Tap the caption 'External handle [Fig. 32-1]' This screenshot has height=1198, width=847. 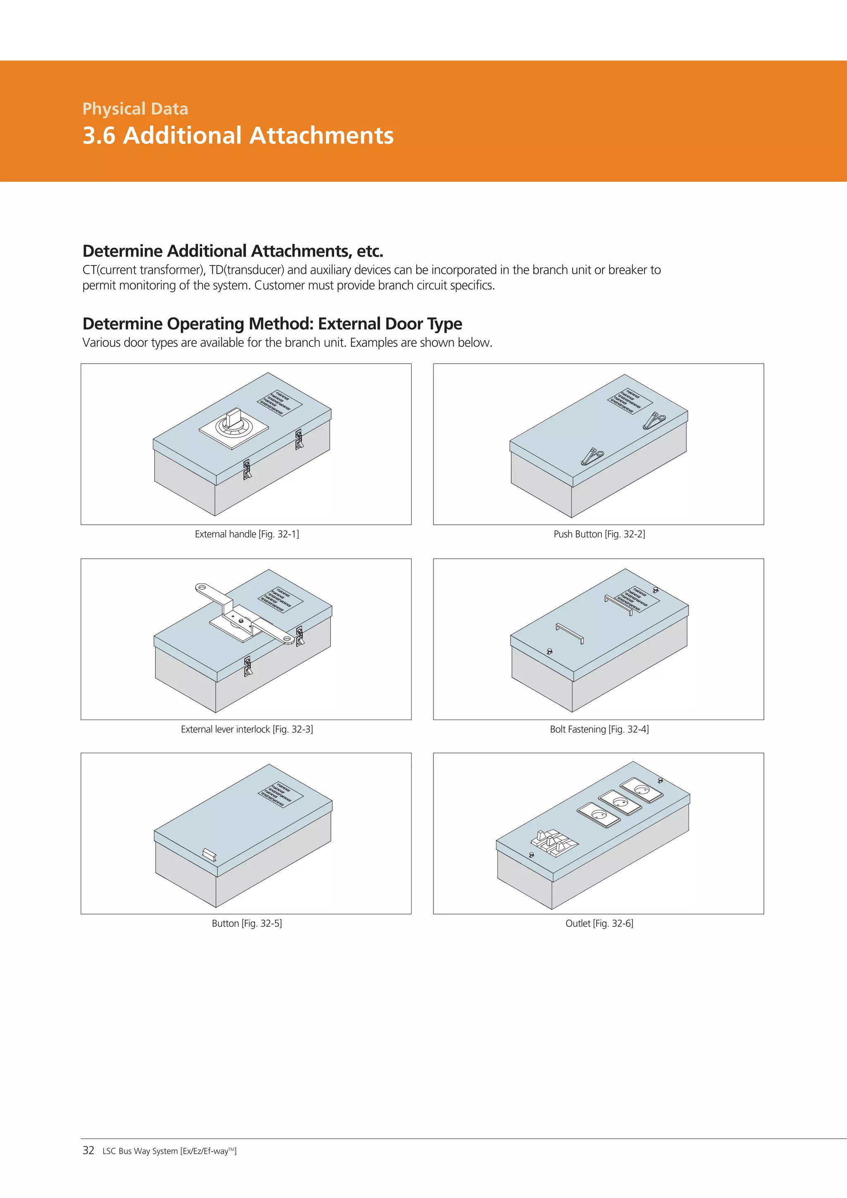click(x=246, y=534)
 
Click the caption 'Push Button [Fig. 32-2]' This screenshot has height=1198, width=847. click(x=599, y=534)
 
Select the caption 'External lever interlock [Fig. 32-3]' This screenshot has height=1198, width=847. click(x=246, y=730)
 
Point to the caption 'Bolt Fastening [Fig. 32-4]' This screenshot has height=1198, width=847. click(x=599, y=730)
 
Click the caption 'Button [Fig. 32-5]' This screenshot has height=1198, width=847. click(x=246, y=924)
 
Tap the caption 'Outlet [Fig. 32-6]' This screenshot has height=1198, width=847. click(x=599, y=924)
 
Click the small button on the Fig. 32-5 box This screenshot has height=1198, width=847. click(x=209, y=854)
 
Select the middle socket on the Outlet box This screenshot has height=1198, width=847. click(x=620, y=802)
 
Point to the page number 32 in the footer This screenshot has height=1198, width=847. click(x=88, y=1150)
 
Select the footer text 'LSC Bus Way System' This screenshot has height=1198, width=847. click(x=140, y=1151)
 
